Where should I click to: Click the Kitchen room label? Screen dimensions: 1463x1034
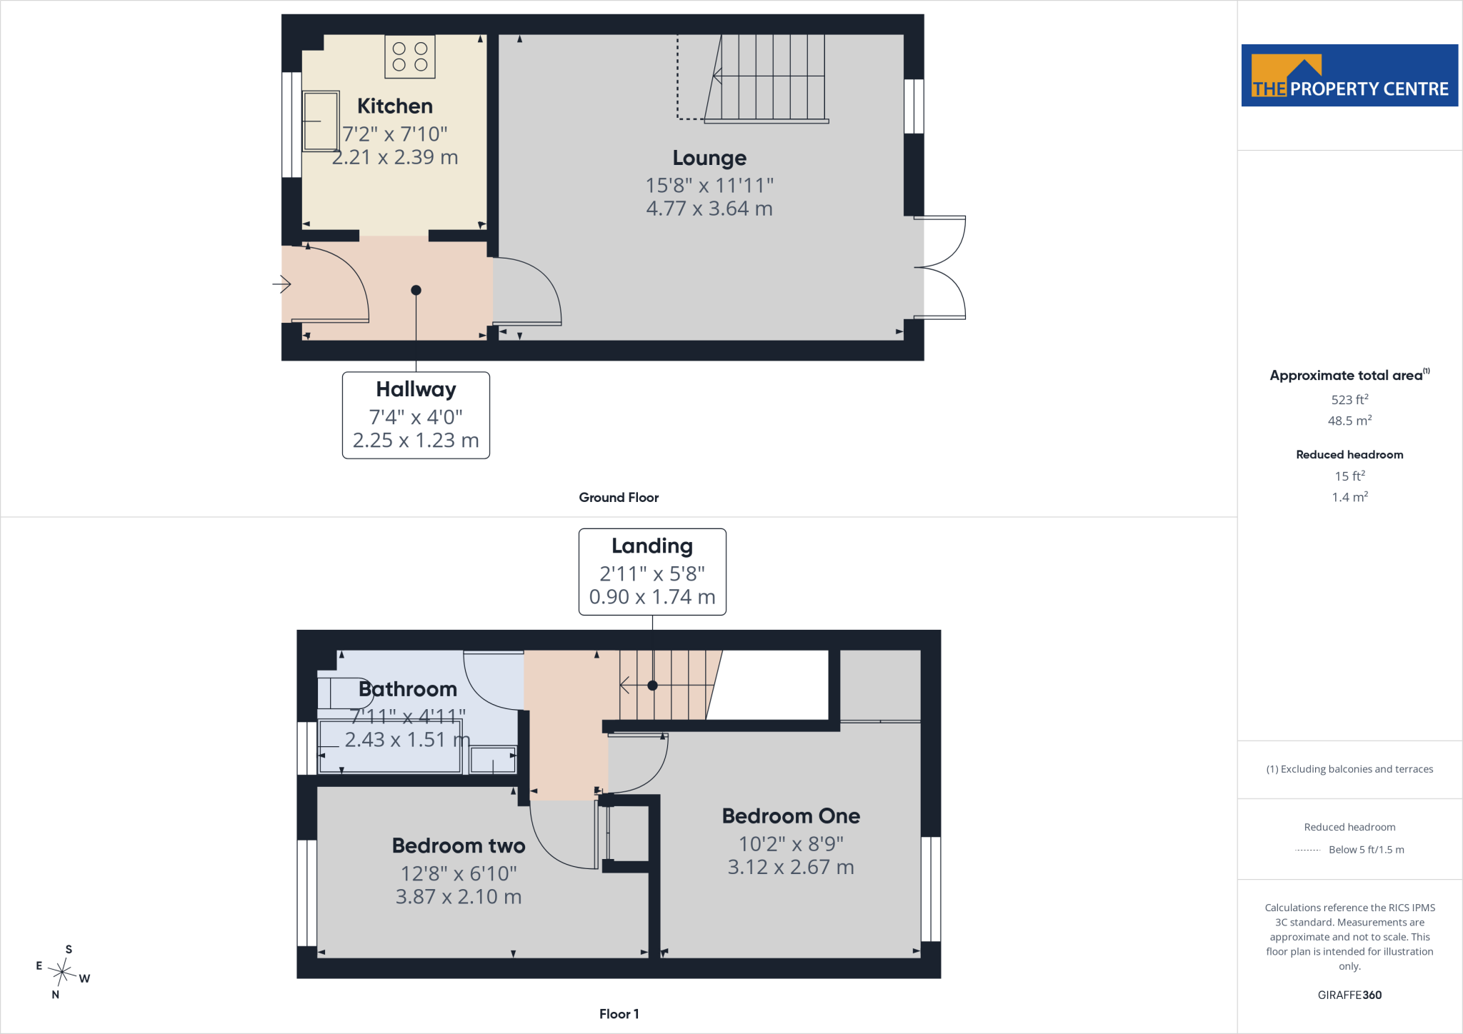[x=395, y=106]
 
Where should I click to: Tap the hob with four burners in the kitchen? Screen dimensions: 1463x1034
[x=410, y=56]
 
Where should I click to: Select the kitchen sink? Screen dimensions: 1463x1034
[x=321, y=121]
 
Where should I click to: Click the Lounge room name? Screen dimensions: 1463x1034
[x=709, y=158]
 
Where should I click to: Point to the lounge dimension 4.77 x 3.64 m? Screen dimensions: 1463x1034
[x=709, y=209]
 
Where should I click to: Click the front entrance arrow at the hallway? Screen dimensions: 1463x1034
[x=281, y=284]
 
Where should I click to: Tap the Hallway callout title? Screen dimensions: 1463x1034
[x=416, y=390]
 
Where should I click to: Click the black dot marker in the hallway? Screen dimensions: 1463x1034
[x=416, y=290]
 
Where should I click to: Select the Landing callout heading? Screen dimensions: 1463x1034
[x=652, y=546]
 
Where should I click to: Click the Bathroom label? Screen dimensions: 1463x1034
[x=408, y=689]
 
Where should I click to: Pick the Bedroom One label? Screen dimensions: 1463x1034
[x=791, y=815]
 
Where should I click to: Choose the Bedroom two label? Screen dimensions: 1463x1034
[x=459, y=845]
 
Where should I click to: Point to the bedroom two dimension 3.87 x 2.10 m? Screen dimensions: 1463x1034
[x=459, y=897]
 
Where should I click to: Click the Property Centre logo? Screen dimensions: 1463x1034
[x=1349, y=76]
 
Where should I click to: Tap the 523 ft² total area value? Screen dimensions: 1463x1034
[x=1349, y=399]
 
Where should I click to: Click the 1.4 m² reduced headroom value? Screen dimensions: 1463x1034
[x=1349, y=496]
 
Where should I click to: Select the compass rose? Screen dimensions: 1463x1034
[x=64, y=972]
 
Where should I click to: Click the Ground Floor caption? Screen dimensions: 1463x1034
[x=619, y=498]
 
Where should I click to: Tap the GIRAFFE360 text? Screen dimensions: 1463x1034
[x=1349, y=995]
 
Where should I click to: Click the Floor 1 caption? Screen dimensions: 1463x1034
[x=619, y=1014]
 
